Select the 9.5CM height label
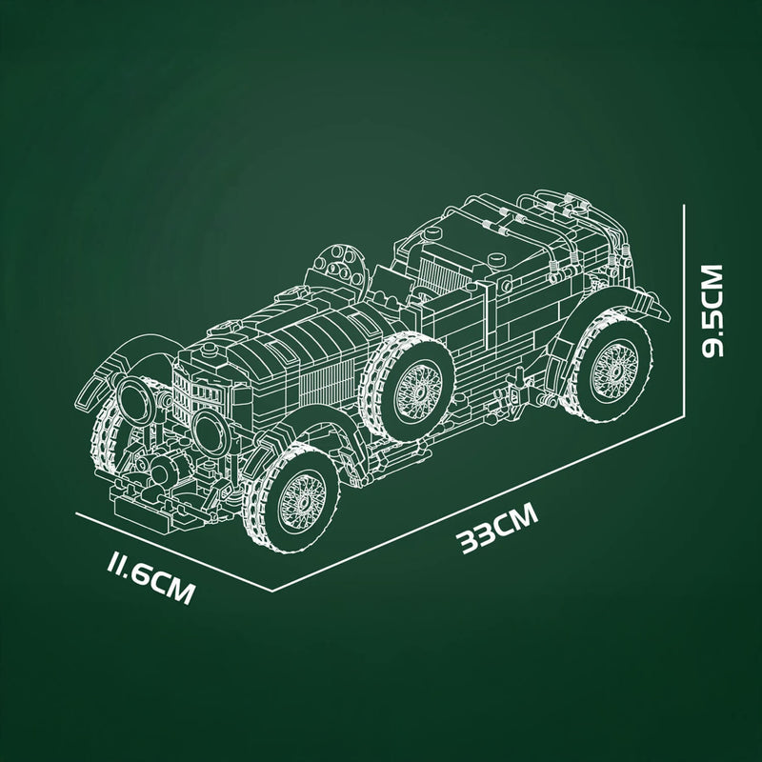coord(712,311)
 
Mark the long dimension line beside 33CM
coord(476,501)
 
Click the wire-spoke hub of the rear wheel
coord(604,367)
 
